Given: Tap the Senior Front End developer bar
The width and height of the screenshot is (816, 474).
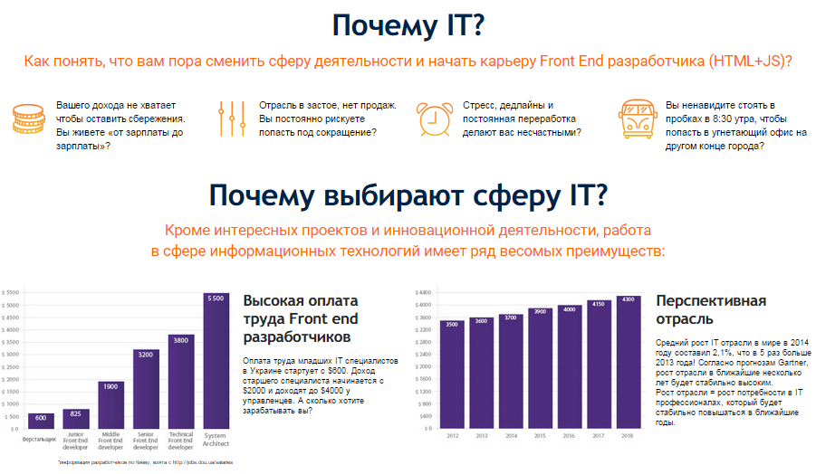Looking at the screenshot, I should (146, 389).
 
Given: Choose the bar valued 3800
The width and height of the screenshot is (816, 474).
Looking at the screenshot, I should (181, 381).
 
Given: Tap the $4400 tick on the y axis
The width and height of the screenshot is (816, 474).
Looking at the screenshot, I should (423, 293).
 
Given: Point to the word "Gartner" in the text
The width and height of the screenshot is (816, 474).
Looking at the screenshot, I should (779, 361).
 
